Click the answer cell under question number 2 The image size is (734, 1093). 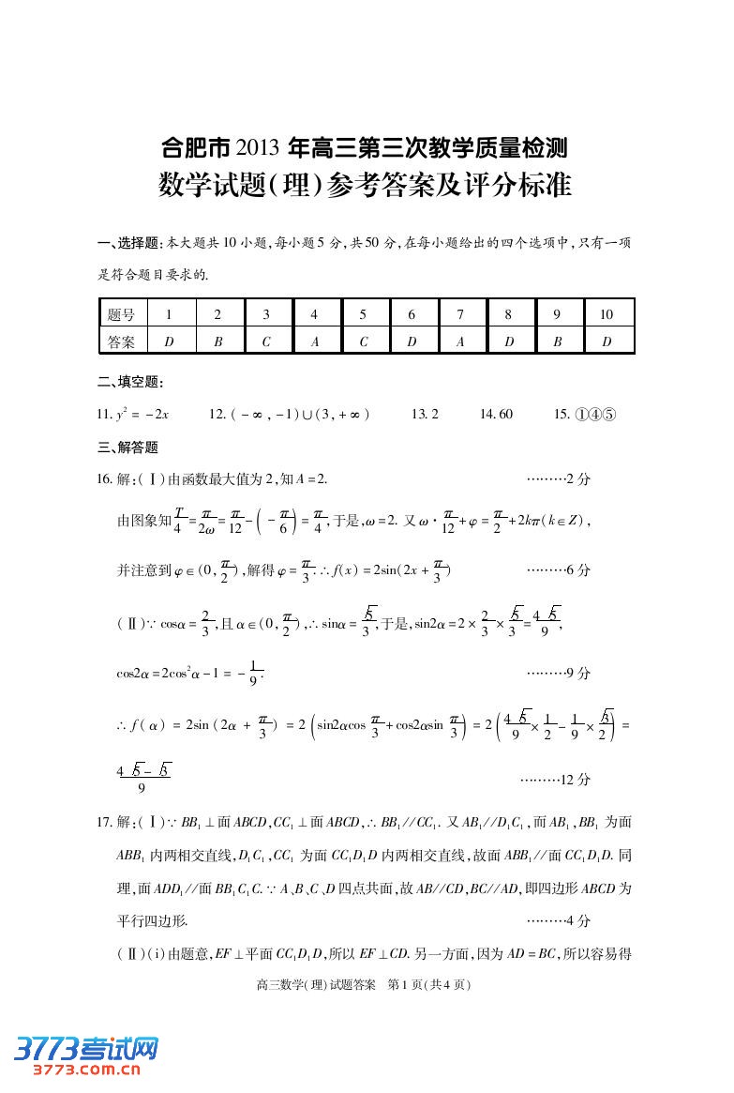pyautogui.click(x=218, y=342)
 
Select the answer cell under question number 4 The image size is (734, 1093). pyautogui.click(x=315, y=342)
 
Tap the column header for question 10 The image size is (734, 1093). pyautogui.click(x=607, y=315)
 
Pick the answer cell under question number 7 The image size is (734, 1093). pyautogui.click(x=460, y=342)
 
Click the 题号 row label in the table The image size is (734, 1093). pyautogui.click(x=121, y=315)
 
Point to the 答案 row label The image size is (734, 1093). pyautogui.click(x=121, y=342)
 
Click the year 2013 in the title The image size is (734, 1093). pyautogui.click(x=259, y=147)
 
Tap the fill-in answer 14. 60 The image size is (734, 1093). pyautogui.click(x=496, y=414)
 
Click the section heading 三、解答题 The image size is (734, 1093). pyautogui.click(x=128, y=447)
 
